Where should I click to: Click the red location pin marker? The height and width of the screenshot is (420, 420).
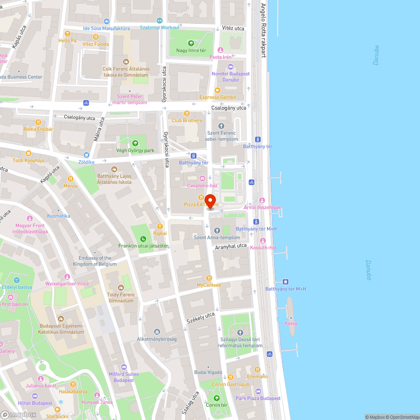(209, 200)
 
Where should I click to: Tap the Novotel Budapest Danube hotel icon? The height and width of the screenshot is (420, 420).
(230, 67)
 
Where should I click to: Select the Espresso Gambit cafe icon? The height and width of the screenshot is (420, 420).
(217, 90)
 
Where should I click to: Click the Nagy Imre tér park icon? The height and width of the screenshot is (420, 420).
(191, 43)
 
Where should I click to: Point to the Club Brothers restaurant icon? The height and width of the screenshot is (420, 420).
(186, 113)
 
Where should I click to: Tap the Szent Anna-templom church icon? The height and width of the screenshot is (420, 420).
(217, 230)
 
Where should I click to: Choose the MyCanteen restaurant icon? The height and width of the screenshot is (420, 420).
(209, 278)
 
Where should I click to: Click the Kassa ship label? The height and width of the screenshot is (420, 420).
(291, 323)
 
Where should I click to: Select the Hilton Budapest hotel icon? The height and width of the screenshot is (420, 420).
(35, 396)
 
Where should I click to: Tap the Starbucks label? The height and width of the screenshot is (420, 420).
(57, 416)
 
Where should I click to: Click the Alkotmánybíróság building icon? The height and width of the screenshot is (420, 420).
(157, 332)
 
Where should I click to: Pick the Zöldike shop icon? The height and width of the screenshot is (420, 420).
(86, 155)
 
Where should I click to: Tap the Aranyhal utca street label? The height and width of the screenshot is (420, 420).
(231, 246)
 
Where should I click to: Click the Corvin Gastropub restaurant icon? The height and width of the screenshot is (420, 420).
(230, 377)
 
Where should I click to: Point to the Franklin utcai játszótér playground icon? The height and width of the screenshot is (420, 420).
(143, 239)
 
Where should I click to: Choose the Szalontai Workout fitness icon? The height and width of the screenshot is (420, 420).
(159, 20)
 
